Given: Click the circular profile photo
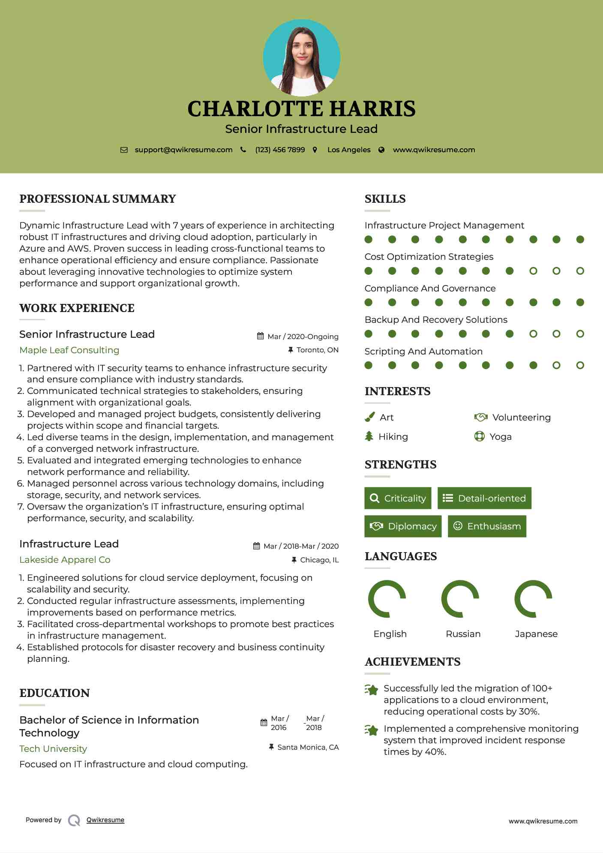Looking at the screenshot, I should [302, 57].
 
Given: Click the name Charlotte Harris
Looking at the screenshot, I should [301, 109].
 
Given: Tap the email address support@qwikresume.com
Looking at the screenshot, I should [183, 150].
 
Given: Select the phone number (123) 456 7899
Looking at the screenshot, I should [280, 150].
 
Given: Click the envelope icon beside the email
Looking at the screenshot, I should [124, 150].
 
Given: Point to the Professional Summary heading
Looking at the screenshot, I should [98, 199].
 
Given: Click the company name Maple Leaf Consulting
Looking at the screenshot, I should [69, 350].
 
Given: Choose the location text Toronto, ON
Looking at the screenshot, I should [317, 350].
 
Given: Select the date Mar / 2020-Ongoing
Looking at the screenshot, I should [303, 337].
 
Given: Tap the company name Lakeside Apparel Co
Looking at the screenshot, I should [65, 560].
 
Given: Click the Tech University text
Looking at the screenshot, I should [53, 749].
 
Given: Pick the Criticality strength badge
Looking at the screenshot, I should [398, 498].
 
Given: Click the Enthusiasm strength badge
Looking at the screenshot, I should [487, 526].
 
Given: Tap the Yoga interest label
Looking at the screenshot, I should [501, 437].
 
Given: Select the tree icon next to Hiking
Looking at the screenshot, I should [369, 436].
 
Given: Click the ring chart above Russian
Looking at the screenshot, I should [460, 599].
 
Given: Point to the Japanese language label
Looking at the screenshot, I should [536, 634].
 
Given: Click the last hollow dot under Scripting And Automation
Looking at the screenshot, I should [580, 365].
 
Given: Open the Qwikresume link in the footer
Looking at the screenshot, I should [105, 820].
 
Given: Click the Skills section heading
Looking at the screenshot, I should [385, 199].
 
